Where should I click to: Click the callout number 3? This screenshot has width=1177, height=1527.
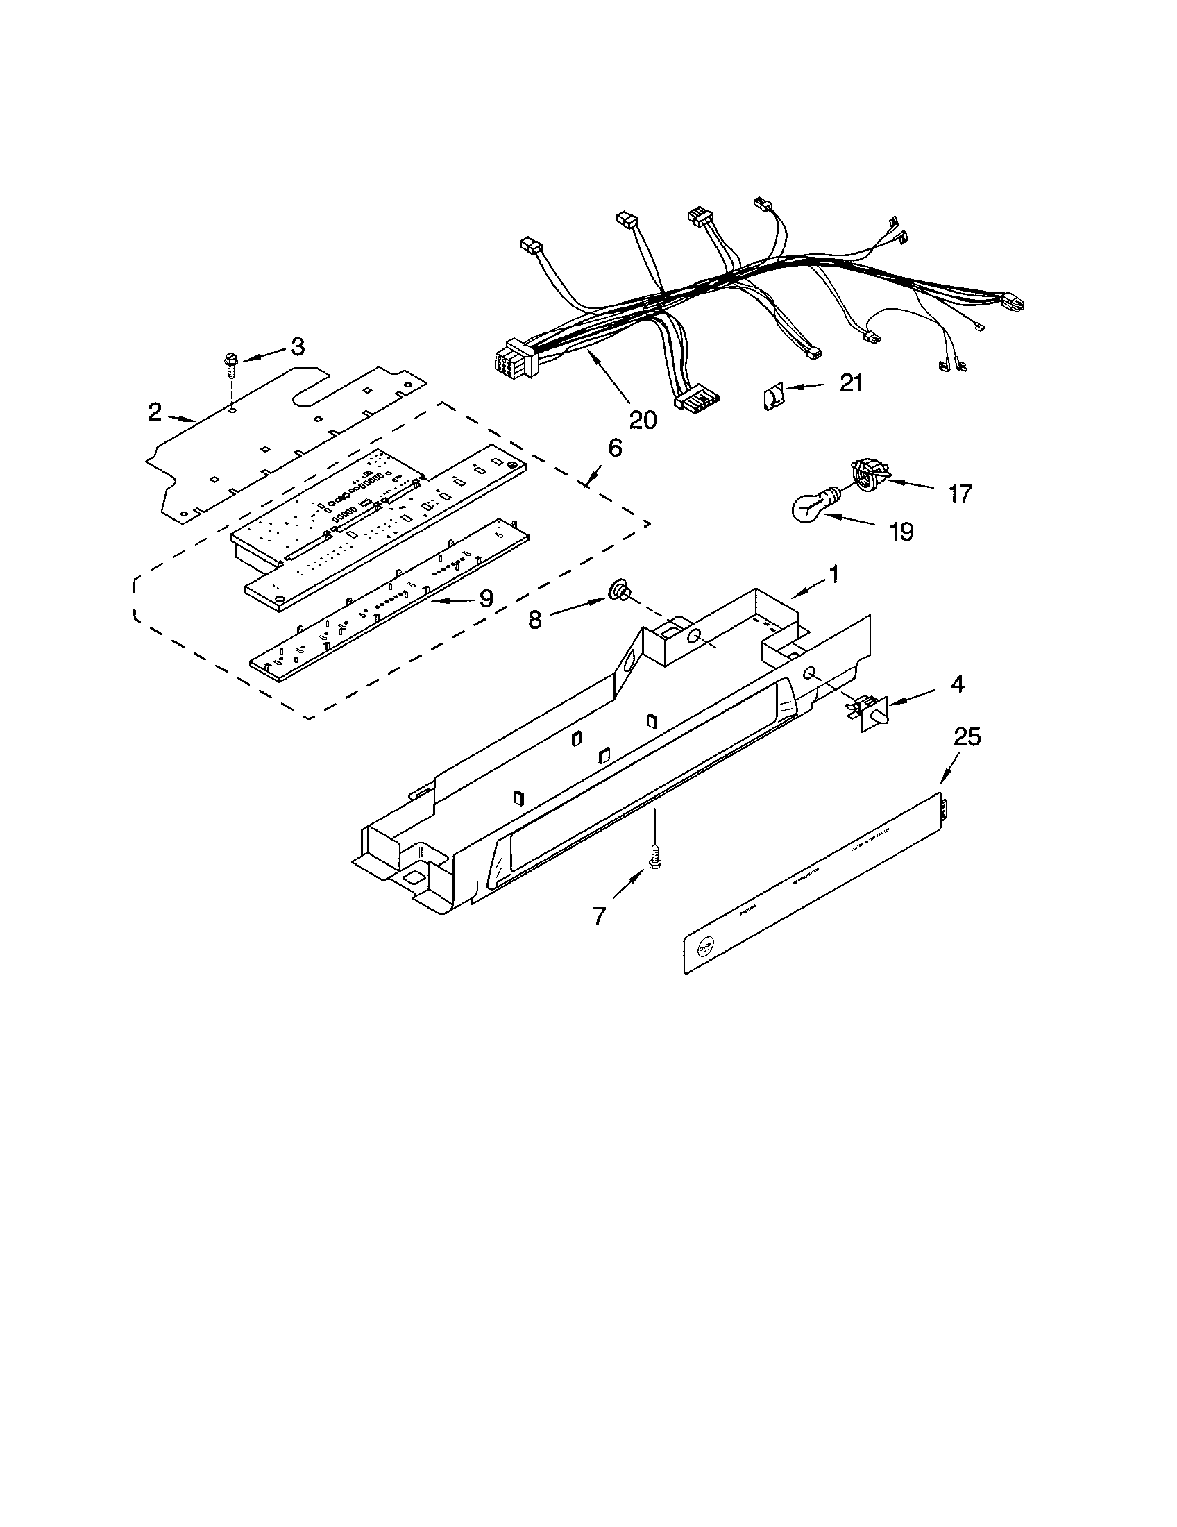pos(298,346)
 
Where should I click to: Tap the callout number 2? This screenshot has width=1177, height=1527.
pos(155,412)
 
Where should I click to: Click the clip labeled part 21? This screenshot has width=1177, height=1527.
pos(772,398)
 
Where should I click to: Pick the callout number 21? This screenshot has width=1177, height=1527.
pos(851,382)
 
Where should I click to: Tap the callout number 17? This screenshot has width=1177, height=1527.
pos(960,493)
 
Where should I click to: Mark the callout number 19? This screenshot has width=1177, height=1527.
pos(902,532)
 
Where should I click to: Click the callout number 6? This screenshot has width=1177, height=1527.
pos(614,448)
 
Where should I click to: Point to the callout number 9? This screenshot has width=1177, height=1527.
pos(486,598)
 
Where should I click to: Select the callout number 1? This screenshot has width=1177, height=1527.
pos(833,575)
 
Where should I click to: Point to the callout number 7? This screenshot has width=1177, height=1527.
pos(599,916)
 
